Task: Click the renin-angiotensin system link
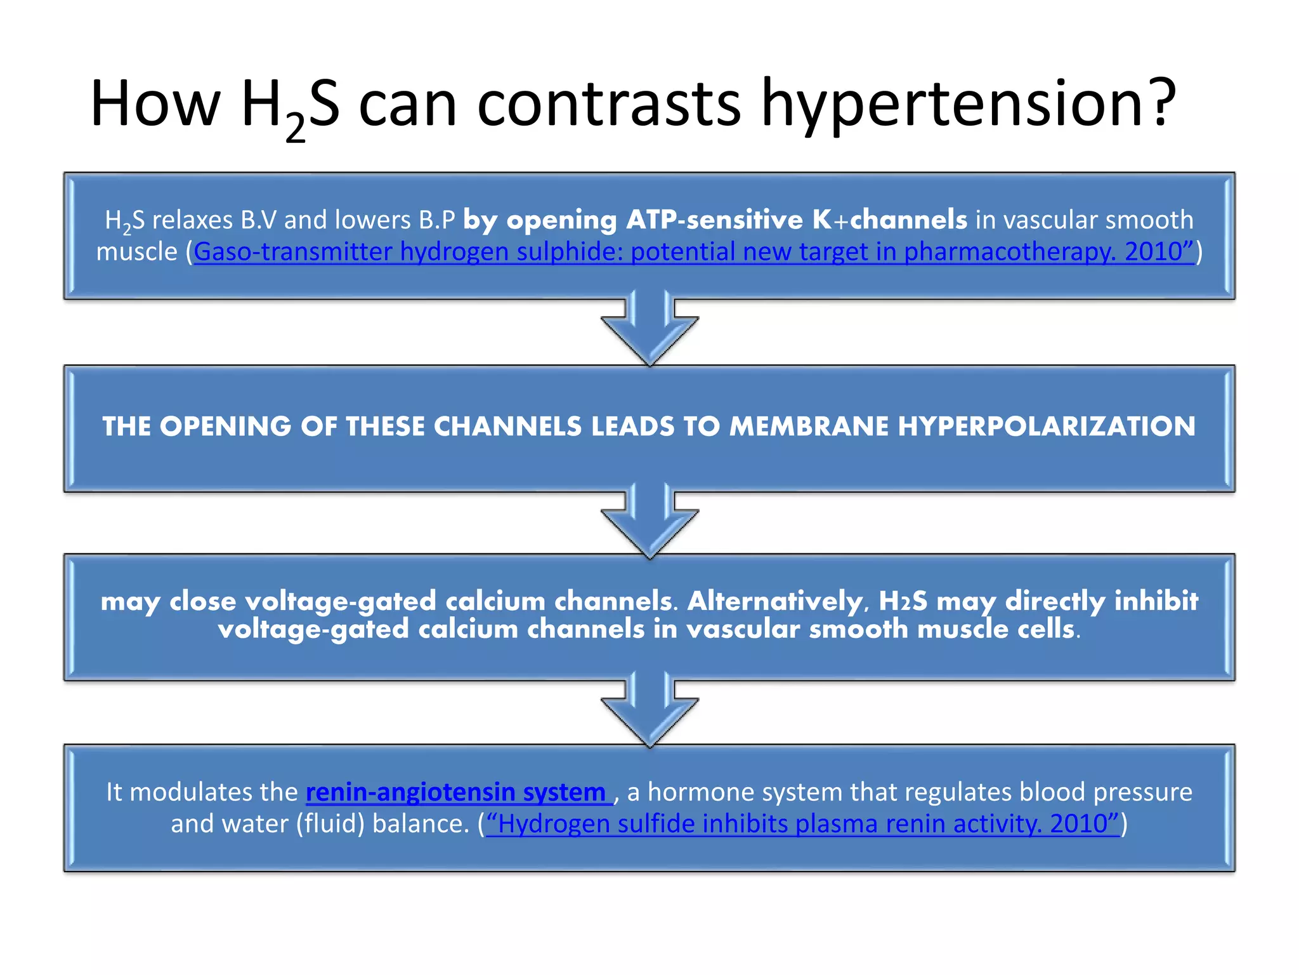[x=455, y=792]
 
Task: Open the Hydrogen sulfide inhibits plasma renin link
[x=802, y=824]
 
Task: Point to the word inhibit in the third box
[x=1156, y=600]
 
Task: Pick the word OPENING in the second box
[x=226, y=427]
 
